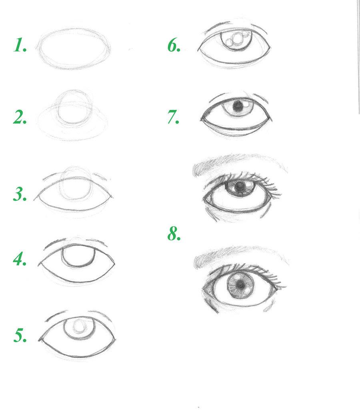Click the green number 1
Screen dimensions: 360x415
(x=20, y=45)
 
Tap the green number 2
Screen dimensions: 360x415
(x=20, y=117)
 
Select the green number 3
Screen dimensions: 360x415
(x=20, y=194)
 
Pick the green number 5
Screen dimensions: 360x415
(x=20, y=335)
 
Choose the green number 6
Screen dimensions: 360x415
(x=174, y=45)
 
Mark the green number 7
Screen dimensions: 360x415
(x=173, y=117)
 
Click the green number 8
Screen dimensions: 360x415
(x=174, y=234)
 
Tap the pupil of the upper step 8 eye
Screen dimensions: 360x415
(x=240, y=187)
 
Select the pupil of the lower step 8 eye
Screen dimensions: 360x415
(x=241, y=285)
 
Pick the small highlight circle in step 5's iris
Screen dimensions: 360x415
(x=79, y=326)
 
